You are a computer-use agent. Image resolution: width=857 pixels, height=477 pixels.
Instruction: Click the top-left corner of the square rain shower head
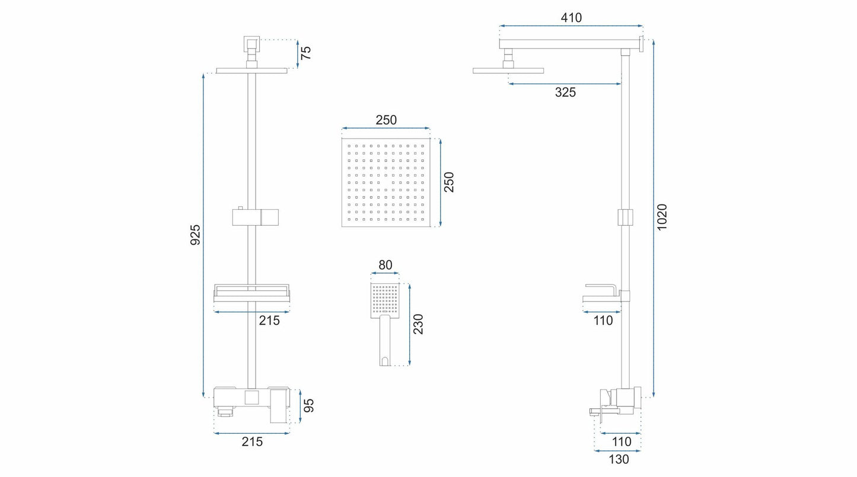(342, 139)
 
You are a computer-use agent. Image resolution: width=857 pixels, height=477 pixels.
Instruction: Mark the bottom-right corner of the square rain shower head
(430, 227)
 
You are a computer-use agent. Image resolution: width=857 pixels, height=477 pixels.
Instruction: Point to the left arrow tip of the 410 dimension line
(499, 26)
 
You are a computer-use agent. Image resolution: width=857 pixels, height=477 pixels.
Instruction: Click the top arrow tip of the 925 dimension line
(203, 73)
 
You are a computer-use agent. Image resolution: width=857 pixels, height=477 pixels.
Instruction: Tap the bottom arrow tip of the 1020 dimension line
(654, 398)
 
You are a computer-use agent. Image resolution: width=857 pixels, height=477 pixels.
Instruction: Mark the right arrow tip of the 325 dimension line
(621, 84)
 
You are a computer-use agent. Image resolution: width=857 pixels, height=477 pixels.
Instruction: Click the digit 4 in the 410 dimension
(565, 18)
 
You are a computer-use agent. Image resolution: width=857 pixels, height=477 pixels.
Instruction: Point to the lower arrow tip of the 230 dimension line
(409, 366)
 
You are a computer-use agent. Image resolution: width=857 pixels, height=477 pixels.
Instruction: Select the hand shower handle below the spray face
(385, 340)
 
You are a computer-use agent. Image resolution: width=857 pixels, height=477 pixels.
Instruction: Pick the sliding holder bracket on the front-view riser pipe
(255, 217)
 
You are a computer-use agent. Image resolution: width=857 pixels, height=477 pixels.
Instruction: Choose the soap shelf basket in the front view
(251, 293)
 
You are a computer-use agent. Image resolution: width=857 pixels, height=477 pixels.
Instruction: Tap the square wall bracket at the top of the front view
(251, 44)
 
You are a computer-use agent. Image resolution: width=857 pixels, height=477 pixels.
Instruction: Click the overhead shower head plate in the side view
(508, 71)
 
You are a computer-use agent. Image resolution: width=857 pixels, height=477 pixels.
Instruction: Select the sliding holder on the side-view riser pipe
(625, 217)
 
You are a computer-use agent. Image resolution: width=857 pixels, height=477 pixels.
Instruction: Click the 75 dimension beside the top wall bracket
(305, 53)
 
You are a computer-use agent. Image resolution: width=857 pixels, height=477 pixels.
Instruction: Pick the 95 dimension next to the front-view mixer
(308, 405)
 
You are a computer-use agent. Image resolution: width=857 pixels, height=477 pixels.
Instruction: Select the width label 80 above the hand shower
(386, 265)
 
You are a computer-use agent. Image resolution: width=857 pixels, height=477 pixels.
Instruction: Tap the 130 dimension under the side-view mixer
(619, 459)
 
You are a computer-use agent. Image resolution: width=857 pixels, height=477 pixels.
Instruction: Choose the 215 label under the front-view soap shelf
(269, 321)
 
